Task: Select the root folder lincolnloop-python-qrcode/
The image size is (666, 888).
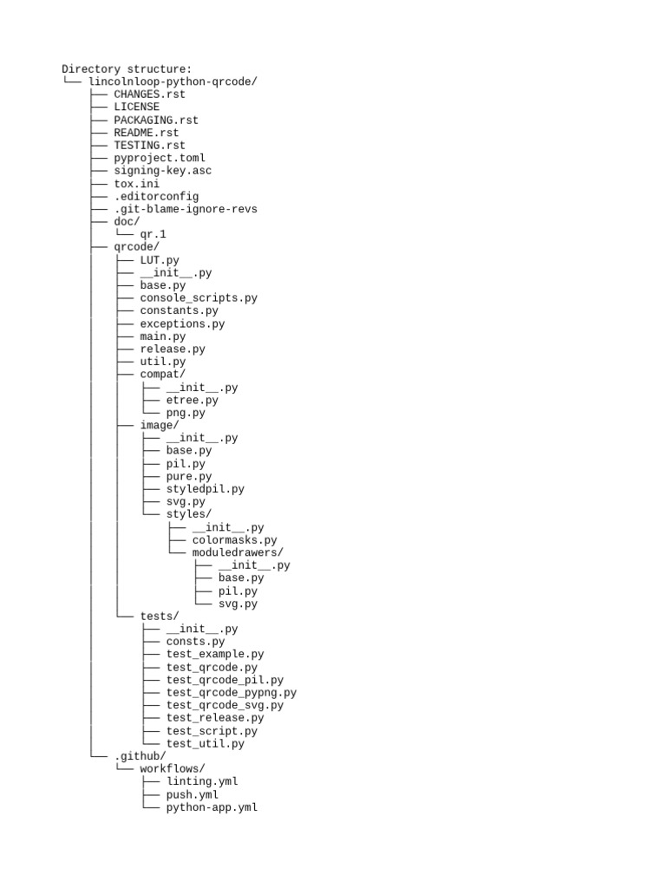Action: click(173, 82)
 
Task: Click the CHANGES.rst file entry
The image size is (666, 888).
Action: click(149, 95)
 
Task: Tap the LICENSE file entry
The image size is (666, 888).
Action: click(136, 107)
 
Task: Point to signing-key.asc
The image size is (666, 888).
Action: click(162, 171)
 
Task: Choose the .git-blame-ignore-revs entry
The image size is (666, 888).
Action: click(186, 209)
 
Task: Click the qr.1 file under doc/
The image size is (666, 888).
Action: click(153, 234)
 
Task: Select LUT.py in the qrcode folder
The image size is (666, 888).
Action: click(160, 259)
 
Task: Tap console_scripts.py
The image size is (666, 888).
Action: click(199, 297)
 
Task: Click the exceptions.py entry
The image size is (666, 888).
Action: click(182, 323)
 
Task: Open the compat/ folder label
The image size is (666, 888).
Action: click(163, 375)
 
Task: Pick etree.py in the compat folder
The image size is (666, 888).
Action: click(193, 400)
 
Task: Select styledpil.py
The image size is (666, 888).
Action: click(206, 489)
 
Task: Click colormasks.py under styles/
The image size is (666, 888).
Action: click(234, 540)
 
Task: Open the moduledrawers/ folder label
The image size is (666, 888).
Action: click(238, 552)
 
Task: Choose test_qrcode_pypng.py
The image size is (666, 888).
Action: click(232, 692)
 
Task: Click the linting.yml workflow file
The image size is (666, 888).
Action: click(202, 781)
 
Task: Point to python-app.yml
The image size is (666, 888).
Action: click(212, 807)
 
